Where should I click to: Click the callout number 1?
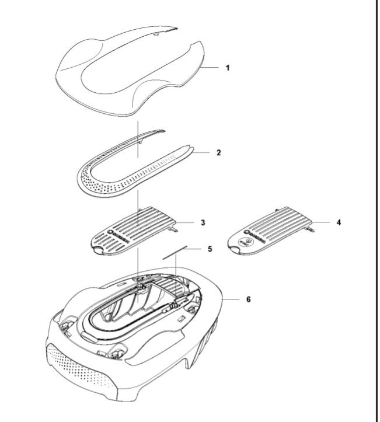coord(228,68)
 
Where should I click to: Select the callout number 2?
coord(218,153)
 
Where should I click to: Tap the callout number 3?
coord(202,223)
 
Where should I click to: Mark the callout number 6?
coord(248,299)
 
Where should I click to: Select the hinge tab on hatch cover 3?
coord(173,229)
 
